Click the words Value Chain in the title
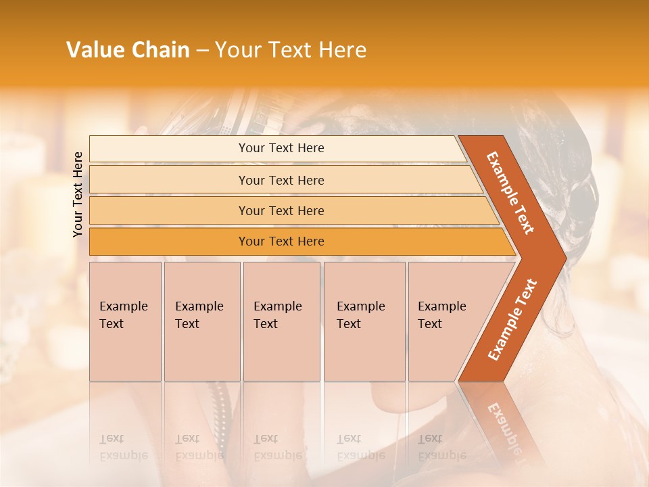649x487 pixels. pyautogui.click(x=128, y=49)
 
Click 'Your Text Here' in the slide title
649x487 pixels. pyautogui.click(x=290, y=49)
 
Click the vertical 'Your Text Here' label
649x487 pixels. pyautogui.click(x=78, y=194)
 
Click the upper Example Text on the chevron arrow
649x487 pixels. pyautogui.click(x=510, y=193)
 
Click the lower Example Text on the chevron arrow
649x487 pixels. pyautogui.click(x=512, y=319)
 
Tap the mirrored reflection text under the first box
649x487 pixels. pyautogui.click(x=124, y=447)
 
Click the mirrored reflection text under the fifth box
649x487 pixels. pyautogui.click(x=442, y=447)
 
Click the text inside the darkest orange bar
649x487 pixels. pyautogui.click(x=281, y=241)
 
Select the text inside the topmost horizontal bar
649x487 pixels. pyautogui.click(x=281, y=148)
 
